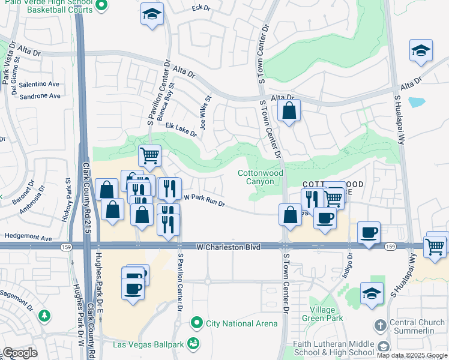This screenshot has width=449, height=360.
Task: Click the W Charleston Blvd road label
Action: pyautogui.click(x=229, y=247)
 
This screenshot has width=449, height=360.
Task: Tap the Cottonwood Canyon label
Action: pyautogui.click(x=260, y=177)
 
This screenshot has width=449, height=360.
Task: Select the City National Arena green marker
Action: pyautogui.click(x=196, y=323)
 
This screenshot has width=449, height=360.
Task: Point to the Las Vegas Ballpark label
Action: pyautogui.click(x=150, y=344)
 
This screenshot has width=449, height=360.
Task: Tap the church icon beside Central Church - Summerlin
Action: pyautogui.click(x=379, y=326)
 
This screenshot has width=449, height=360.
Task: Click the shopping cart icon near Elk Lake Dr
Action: pyautogui.click(x=150, y=156)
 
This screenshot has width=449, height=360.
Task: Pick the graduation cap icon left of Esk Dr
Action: pyautogui.click(x=152, y=14)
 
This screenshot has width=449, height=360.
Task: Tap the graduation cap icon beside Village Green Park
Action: pyautogui.click(x=372, y=294)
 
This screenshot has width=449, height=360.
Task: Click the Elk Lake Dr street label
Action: pyautogui.click(x=181, y=130)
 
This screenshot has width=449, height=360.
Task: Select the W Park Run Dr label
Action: pyautogui.click(x=203, y=200)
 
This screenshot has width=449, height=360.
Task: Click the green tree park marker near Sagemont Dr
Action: pyautogui.click(x=44, y=316)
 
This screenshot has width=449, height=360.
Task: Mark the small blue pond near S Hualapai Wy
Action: pyautogui.click(x=417, y=101)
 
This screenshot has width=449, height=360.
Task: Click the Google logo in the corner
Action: pyautogui.click(x=20, y=353)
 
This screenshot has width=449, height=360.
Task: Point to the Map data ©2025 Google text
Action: pyautogui.click(x=412, y=355)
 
